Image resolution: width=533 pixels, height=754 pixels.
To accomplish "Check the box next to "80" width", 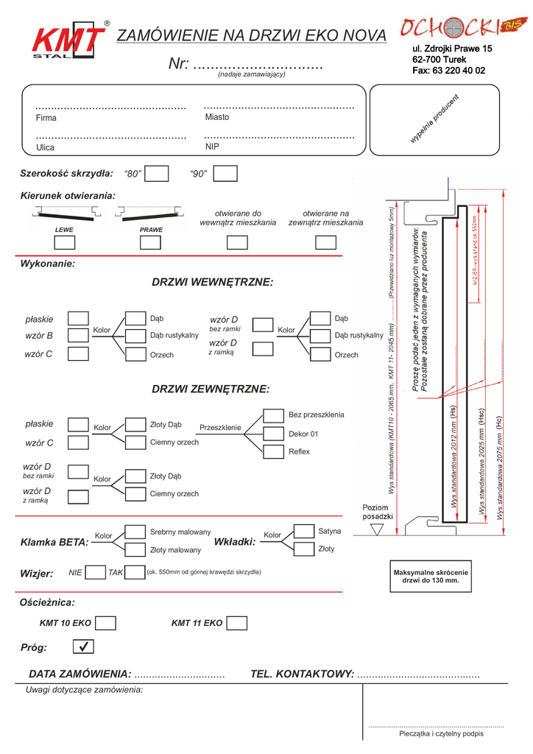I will [157, 174].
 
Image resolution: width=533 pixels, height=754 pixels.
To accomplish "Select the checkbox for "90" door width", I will [225, 174].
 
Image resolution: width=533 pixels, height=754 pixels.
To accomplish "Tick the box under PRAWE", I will [150, 242].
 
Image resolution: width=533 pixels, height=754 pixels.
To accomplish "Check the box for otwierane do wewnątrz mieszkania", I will [237, 242].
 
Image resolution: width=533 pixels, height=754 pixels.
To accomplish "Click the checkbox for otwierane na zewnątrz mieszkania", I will [325, 242].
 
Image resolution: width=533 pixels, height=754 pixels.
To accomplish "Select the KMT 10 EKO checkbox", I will [106, 623].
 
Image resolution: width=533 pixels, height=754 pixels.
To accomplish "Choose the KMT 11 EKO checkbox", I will [237, 623].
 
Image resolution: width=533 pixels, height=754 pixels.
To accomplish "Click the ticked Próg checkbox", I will [84, 647].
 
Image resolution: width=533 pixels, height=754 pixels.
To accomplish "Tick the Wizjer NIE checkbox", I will [96, 572].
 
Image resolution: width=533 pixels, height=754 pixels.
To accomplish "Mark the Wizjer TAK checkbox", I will [135, 572].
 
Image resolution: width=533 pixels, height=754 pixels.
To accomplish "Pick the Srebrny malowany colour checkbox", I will [135, 532].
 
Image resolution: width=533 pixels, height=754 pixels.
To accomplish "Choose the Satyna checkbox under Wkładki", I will [304, 531].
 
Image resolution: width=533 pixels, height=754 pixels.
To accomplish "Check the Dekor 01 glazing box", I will [274, 434].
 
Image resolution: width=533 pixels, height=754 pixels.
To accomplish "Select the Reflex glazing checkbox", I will [274, 451].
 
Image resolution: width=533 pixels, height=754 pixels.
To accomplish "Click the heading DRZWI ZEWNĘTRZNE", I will [211, 389].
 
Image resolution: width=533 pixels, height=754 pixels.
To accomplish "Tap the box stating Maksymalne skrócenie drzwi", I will [431, 577].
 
